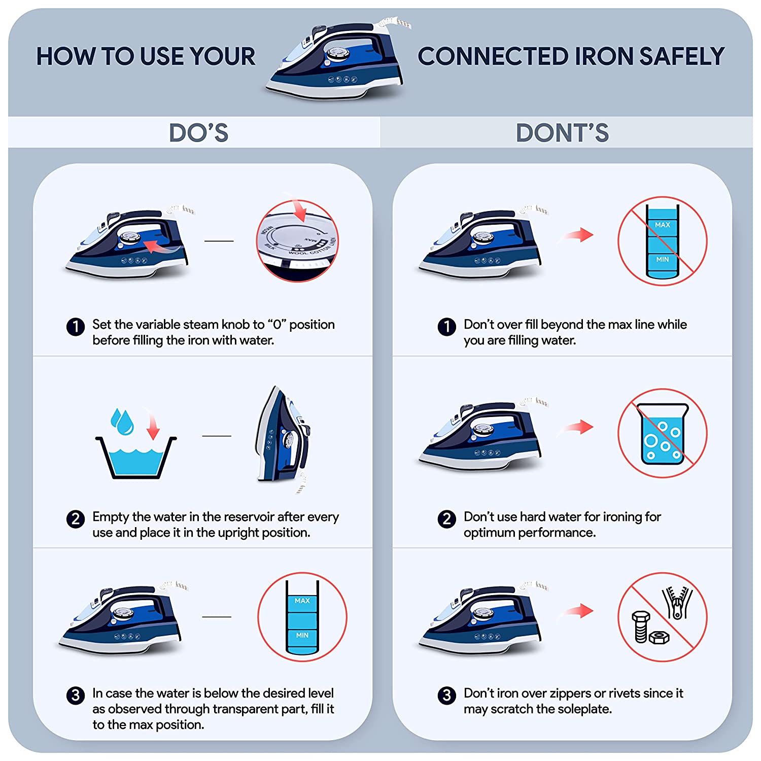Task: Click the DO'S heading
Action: [198, 133]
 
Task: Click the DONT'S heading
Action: [562, 133]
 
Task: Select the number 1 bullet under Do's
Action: [76, 327]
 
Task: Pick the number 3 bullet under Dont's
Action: [447, 695]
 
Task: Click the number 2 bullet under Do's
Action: [76, 518]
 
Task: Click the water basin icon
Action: [136, 457]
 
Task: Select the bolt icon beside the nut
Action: [640, 627]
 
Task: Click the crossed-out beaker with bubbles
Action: [663, 433]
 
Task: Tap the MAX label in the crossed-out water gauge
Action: [663, 225]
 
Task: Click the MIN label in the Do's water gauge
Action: [302, 635]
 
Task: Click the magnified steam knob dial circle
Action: [297, 241]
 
